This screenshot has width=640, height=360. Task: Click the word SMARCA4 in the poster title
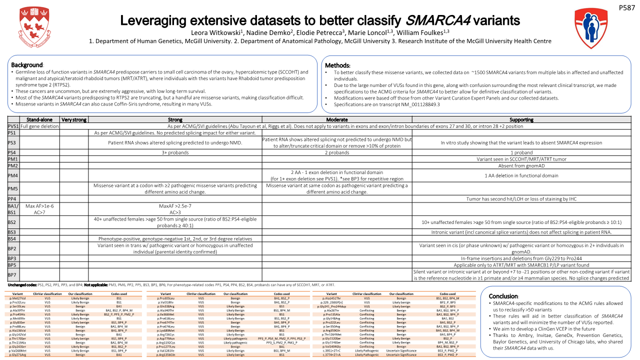(437, 20)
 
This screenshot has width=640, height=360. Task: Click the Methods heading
(337, 65)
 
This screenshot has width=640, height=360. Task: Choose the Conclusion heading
(502, 296)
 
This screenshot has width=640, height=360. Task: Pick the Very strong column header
(74, 120)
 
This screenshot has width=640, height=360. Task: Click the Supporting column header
(521, 120)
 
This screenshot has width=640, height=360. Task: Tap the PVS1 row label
(13, 126)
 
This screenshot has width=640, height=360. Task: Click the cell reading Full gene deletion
(40, 126)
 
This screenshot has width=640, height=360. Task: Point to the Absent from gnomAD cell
(521, 165)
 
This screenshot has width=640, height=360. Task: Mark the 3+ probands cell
(175, 152)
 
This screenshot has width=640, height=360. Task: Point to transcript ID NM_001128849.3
(419, 104)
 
